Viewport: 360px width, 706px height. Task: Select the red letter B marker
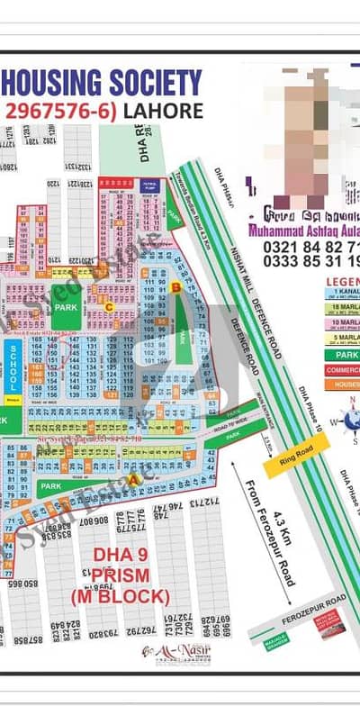[x=177, y=287]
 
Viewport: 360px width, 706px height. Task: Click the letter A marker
[x=134, y=480]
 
